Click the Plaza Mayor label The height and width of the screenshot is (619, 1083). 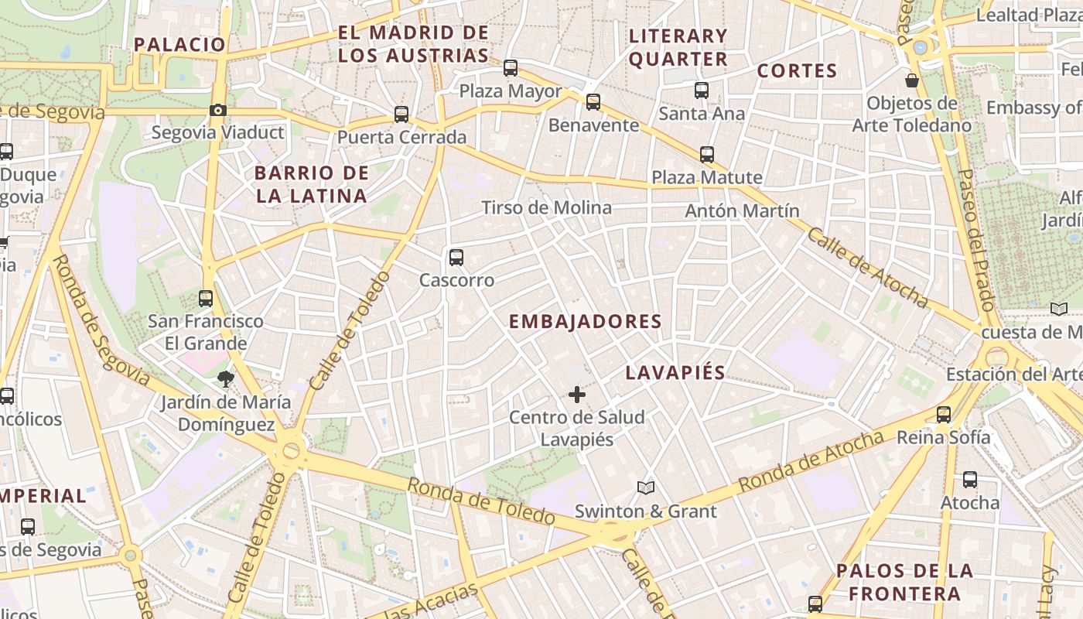511,91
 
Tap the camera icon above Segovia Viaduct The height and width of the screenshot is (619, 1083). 218,111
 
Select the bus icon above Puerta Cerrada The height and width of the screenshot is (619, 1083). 401,115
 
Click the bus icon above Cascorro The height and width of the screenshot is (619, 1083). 456,258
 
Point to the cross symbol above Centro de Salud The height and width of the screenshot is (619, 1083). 576,395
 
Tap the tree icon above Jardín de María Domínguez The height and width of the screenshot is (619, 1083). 225,378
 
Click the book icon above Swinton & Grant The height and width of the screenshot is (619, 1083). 646,487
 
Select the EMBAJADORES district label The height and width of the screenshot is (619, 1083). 585,322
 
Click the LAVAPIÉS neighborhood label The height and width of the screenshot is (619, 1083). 675,373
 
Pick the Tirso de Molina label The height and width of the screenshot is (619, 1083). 546,207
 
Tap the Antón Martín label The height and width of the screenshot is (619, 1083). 742,210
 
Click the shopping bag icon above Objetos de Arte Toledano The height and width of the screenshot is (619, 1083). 912,80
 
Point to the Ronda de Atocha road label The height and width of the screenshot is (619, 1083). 810,462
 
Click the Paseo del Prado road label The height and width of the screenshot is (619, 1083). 977,240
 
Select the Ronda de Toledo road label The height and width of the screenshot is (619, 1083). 480,501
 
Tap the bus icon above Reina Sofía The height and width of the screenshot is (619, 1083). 943,415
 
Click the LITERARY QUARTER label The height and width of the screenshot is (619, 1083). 678,47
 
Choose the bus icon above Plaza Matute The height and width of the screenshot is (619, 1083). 707,155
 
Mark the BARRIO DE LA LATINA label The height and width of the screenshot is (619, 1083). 311,184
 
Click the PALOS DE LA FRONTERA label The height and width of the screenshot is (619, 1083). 904,583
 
